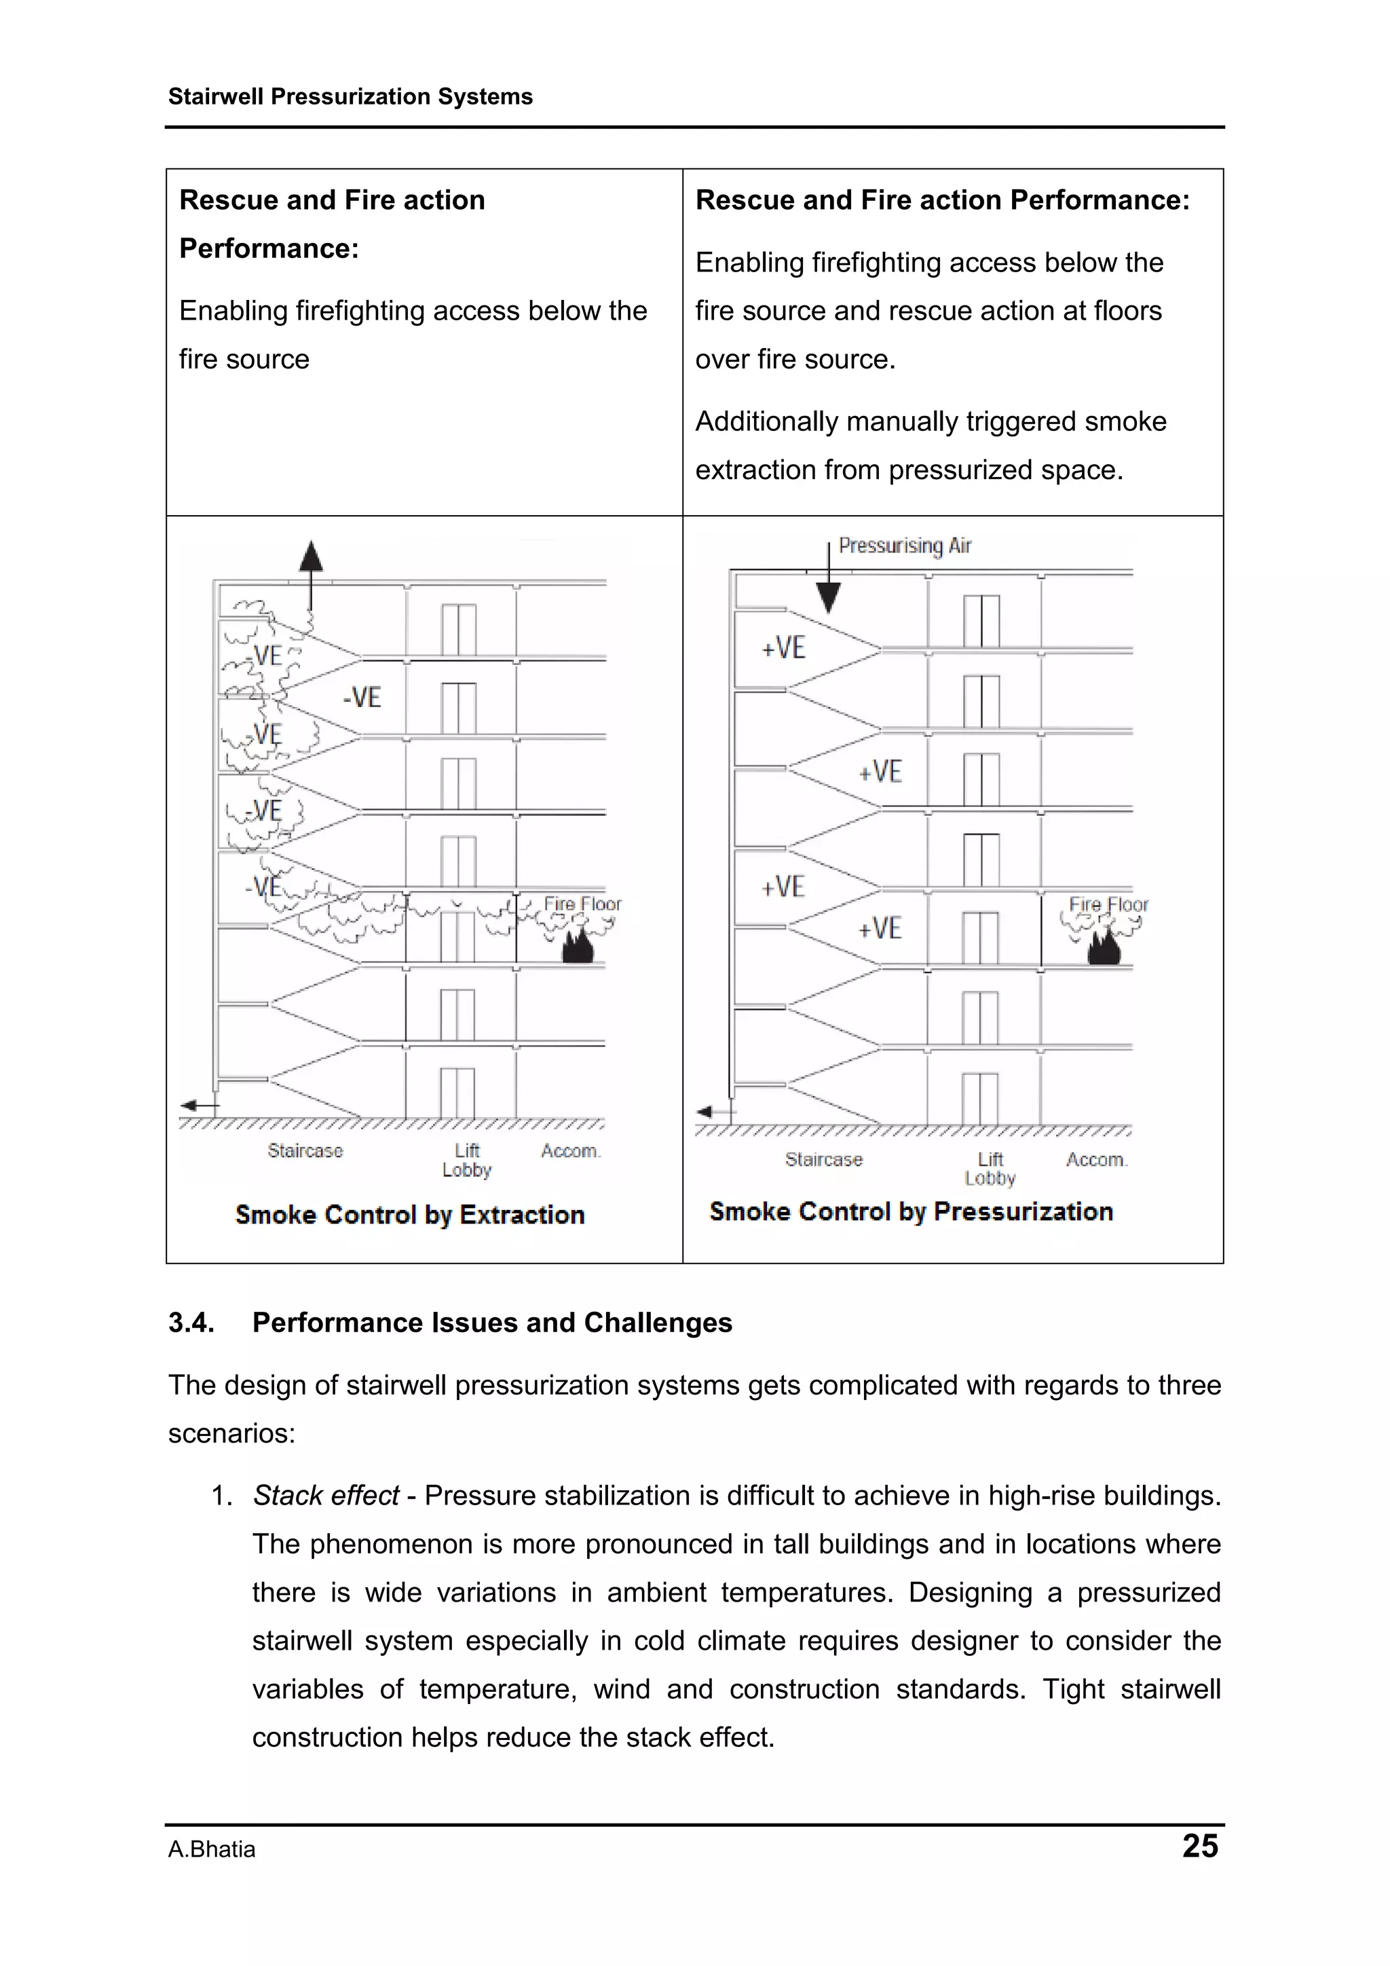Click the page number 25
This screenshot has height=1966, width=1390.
pyautogui.click(x=1199, y=1845)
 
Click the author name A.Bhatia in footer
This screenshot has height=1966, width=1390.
pyautogui.click(x=212, y=1849)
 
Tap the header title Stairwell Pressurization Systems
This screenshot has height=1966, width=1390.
pyautogui.click(x=350, y=97)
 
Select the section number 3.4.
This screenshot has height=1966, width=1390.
pyautogui.click(x=191, y=1322)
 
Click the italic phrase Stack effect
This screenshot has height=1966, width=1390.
pyautogui.click(x=326, y=1495)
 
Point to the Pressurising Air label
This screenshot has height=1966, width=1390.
pyautogui.click(x=905, y=546)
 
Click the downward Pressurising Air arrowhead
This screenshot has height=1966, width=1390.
pyautogui.click(x=828, y=597)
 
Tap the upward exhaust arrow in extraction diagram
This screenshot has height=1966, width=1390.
pyautogui.click(x=311, y=559)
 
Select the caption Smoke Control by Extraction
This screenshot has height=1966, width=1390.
pyautogui.click(x=409, y=1214)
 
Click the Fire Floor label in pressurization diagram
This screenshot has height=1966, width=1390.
pyautogui.click(x=1108, y=904)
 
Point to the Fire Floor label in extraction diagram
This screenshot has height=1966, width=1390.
pyautogui.click(x=582, y=903)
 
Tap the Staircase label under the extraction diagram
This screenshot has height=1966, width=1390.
pyautogui.click(x=305, y=1150)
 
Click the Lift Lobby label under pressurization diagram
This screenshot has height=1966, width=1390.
pyautogui.click(x=990, y=1168)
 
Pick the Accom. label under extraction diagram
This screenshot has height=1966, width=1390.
pyautogui.click(x=570, y=1151)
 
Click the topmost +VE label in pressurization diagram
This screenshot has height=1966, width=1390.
pyautogui.click(x=784, y=647)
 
